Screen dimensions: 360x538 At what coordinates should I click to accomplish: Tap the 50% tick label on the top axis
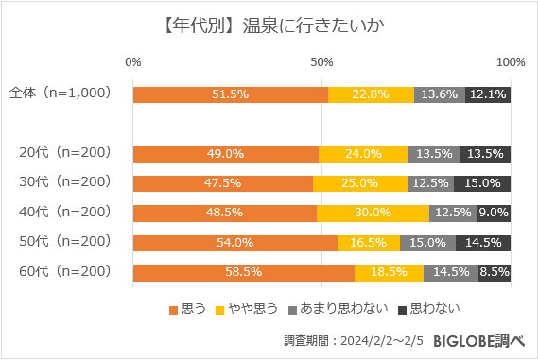[x=322, y=62]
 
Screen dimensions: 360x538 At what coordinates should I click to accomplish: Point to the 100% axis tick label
[x=511, y=62]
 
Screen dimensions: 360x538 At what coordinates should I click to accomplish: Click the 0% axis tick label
[x=133, y=62]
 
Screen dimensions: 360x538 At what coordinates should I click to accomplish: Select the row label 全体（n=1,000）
[x=61, y=94]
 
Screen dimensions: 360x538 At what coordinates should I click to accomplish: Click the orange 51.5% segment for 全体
[x=231, y=94]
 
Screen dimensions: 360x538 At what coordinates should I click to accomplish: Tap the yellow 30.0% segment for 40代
[x=373, y=214]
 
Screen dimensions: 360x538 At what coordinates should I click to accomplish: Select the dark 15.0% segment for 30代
[x=482, y=183]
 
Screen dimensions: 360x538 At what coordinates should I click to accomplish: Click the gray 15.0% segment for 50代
[x=427, y=243]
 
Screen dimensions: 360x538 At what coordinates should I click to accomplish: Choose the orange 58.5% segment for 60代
[x=244, y=273]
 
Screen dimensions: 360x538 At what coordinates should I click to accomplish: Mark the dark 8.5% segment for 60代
[x=495, y=273]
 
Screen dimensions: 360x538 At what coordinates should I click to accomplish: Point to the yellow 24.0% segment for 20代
[x=363, y=154]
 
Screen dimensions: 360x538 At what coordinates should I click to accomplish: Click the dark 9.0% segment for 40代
[x=494, y=214]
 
